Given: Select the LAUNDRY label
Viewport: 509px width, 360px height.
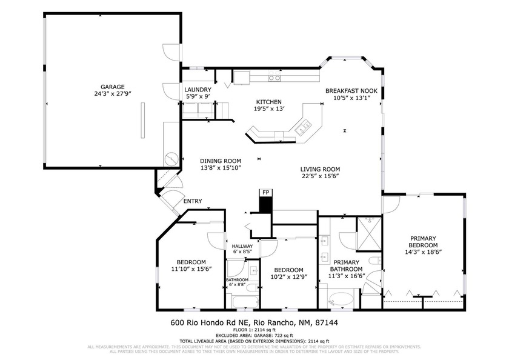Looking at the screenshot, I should point(198,89).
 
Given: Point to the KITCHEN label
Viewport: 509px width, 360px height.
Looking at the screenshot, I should point(268,102).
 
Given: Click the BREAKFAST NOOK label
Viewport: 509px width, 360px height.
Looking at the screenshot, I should point(351,91).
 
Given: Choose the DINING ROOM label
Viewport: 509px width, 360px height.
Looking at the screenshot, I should point(221,161).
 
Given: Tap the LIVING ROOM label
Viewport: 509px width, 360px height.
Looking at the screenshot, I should point(320,169).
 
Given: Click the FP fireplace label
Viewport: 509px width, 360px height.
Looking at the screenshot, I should point(265,193).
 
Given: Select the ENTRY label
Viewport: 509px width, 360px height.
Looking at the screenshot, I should point(192,201).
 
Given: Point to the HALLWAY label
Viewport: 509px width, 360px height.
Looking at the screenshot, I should point(242,245).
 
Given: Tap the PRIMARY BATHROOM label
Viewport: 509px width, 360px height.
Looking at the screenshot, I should point(347,265).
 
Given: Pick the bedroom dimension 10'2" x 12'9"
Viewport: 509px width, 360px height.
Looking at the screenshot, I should point(288,276).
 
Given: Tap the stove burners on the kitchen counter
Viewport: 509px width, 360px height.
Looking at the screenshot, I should point(275,78).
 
